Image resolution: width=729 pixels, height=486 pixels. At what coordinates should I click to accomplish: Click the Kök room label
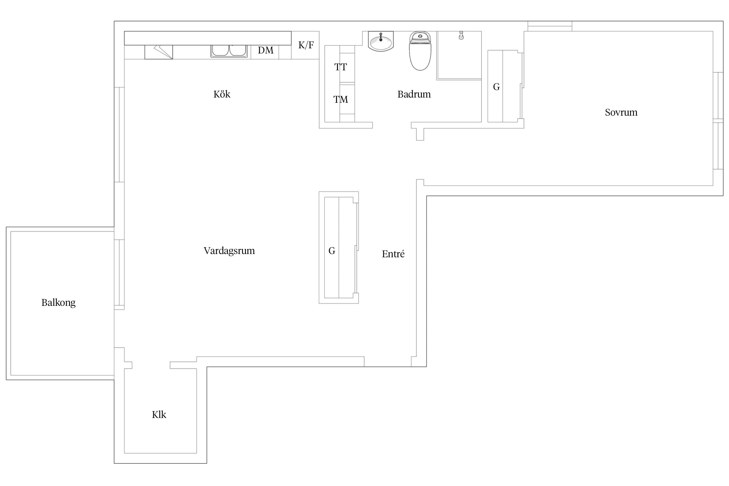pyautogui.click(x=222, y=94)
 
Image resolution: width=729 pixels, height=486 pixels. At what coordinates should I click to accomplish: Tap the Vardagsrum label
pyautogui.click(x=229, y=251)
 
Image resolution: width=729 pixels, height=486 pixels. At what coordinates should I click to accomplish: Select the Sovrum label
pyautogui.click(x=621, y=112)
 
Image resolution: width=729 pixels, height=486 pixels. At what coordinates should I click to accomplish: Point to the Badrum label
pyautogui.click(x=414, y=94)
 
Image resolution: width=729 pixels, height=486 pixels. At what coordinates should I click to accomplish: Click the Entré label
pyautogui.click(x=393, y=254)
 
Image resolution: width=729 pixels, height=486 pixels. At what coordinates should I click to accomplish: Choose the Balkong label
pyautogui.click(x=58, y=303)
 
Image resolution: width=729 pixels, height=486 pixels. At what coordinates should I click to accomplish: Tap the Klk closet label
pyautogui.click(x=159, y=415)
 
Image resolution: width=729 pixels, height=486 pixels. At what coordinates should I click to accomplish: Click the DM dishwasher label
pyautogui.click(x=266, y=50)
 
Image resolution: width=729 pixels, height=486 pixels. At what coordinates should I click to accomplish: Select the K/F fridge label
pyautogui.click(x=306, y=45)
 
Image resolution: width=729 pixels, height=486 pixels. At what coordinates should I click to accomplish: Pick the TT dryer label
pyautogui.click(x=341, y=67)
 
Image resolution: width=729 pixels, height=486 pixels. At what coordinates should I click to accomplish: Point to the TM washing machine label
pyautogui.click(x=341, y=99)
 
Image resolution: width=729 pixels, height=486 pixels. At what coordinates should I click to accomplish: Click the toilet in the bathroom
pyautogui.click(x=420, y=51)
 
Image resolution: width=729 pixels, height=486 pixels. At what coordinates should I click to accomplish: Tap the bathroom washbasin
pyautogui.click(x=381, y=41)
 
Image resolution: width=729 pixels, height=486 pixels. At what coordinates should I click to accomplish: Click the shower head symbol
pyautogui.click(x=461, y=35)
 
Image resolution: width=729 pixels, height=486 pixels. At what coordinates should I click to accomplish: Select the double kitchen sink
pyautogui.click(x=229, y=51)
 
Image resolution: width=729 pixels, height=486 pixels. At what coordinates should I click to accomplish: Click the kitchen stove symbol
pyautogui.click(x=158, y=52)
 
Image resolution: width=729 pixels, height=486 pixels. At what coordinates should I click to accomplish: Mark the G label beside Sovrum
pyautogui.click(x=496, y=87)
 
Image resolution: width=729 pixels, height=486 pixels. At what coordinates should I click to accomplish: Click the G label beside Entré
pyautogui.click(x=332, y=251)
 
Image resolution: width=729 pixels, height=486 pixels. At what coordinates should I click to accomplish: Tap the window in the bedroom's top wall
pyautogui.click(x=550, y=26)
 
